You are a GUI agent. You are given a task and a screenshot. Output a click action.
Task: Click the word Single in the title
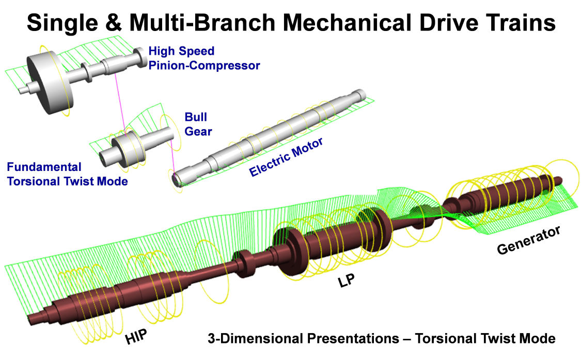(62, 23)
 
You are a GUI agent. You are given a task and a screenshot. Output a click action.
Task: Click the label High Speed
(181, 51)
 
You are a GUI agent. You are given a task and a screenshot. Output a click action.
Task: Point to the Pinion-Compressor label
(204, 66)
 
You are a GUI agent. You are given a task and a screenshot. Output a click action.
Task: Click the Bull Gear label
(198, 124)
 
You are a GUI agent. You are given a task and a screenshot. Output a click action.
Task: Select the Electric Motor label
(286, 157)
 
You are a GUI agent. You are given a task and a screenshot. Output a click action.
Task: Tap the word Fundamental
(44, 167)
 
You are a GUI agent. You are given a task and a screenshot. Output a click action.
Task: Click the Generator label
(528, 240)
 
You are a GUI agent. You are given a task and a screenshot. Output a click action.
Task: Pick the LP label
(346, 280)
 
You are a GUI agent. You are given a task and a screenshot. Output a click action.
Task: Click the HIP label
(136, 336)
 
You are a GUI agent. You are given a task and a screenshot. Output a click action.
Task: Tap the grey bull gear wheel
(128, 149)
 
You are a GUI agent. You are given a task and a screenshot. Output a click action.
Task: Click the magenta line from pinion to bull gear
(120, 104)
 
